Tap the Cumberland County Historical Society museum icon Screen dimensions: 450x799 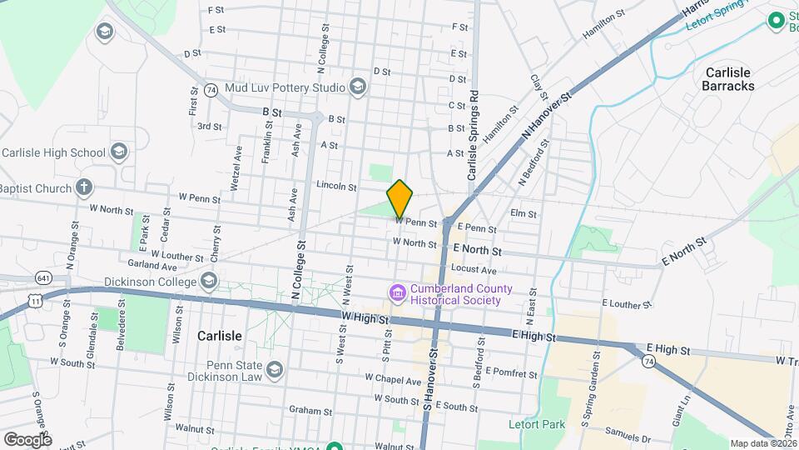[397, 293]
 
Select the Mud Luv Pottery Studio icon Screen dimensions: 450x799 [358, 87]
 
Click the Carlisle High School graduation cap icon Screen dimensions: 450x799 [118, 152]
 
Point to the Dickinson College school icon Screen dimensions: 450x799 [209, 282]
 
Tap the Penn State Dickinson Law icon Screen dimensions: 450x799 [274, 368]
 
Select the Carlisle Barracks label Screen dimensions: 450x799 [728, 79]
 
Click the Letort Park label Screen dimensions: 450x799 [537, 425]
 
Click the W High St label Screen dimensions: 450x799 [365, 317]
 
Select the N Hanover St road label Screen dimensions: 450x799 [547, 116]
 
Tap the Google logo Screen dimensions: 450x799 [27, 439]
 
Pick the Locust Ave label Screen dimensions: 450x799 [474, 270]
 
